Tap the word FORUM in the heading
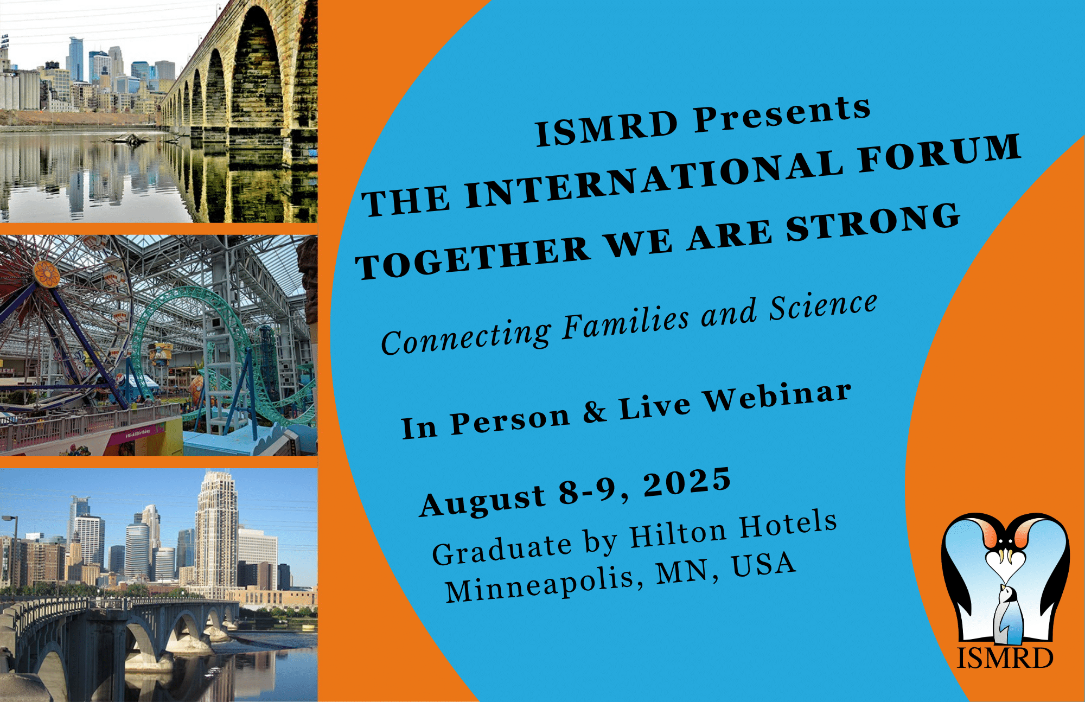[940, 154]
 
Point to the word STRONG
[873, 222]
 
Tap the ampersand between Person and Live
[595, 412]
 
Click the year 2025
[687, 482]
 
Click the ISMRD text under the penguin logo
[1005, 658]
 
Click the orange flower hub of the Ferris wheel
[47, 274]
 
